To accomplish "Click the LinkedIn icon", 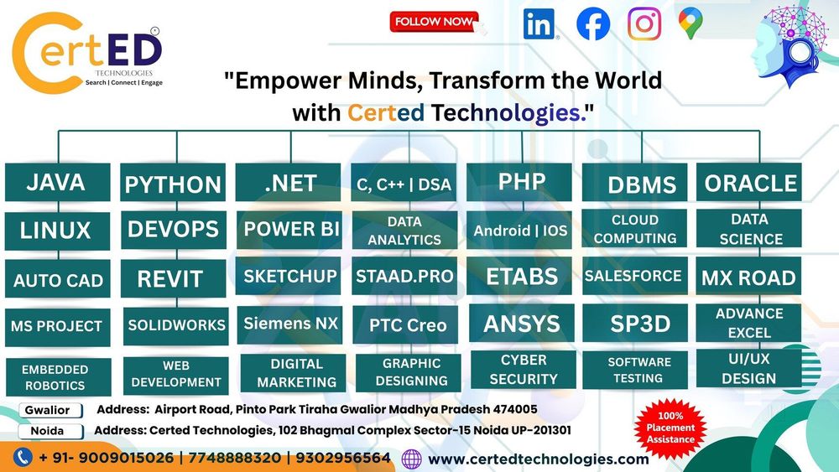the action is (x=539, y=24).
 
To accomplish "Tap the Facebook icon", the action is (x=593, y=24).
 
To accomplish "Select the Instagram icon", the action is (x=644, y=24).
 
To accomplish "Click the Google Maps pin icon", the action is (x=690, y=23).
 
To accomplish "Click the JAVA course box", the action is (x=57, y=182).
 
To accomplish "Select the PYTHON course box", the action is (x=173, y=183).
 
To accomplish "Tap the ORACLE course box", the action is (x=749, y=182).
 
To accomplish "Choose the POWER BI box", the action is (x=289, y=230).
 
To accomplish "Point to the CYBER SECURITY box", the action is (x=524, y=370).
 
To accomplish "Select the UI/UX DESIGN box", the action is (x=749, y=369).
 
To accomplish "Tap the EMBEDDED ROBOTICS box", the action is (x=59, y=377).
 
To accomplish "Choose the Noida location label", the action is (x=50, y=432).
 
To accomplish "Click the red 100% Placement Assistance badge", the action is (x=670, y=428).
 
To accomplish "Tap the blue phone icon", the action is (x=23, y=458).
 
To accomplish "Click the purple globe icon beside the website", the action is (x=411, y=459).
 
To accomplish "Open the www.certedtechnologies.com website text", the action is (x=539, y=459).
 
